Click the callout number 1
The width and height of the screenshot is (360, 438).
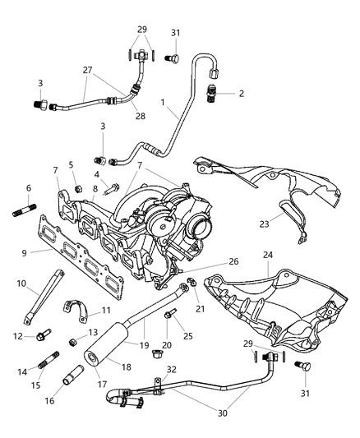[x=164, y=104]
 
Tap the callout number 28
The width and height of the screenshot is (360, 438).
[x=140, y=116]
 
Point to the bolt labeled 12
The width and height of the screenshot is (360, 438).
[x=44, y=335]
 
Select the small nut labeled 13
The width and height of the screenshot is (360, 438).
[x=72, y=341]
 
